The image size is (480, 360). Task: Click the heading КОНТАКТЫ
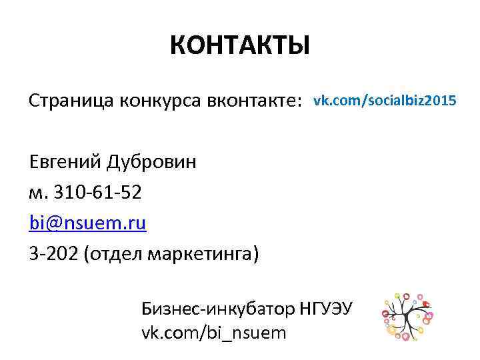click(239, 46)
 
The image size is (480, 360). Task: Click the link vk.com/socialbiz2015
click(385, 101)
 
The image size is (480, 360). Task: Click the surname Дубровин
click(153, 162)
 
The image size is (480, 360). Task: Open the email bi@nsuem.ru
click(87, 223)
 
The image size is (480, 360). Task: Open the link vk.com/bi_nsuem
click(213, 332)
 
